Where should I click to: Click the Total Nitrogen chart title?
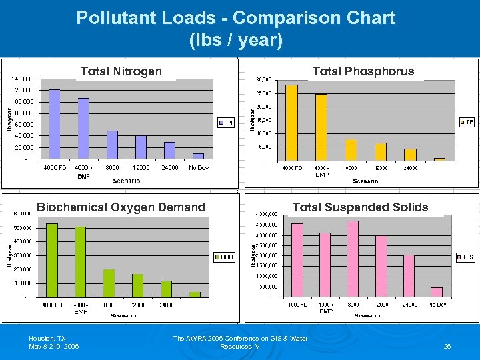point(121,71)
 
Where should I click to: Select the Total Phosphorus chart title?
point(363,71)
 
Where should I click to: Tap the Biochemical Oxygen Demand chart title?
point(121,207)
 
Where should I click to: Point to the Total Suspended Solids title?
point(360,207)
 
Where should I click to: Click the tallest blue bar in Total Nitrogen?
point(54,124)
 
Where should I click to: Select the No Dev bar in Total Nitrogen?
point(198,157)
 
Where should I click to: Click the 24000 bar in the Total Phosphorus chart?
point(410,155)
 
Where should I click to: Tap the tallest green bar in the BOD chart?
point(51,260)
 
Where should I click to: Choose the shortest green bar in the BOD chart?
point(195,294)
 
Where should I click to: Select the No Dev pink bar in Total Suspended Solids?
point(437,292)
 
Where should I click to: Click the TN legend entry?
point(226,123)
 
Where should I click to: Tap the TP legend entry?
point(467,122)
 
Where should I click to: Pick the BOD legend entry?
point(224,257)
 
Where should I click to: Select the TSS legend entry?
point(465,257)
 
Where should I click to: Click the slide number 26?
point(447,347)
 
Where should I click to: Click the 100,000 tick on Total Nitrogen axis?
point(23,101)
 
